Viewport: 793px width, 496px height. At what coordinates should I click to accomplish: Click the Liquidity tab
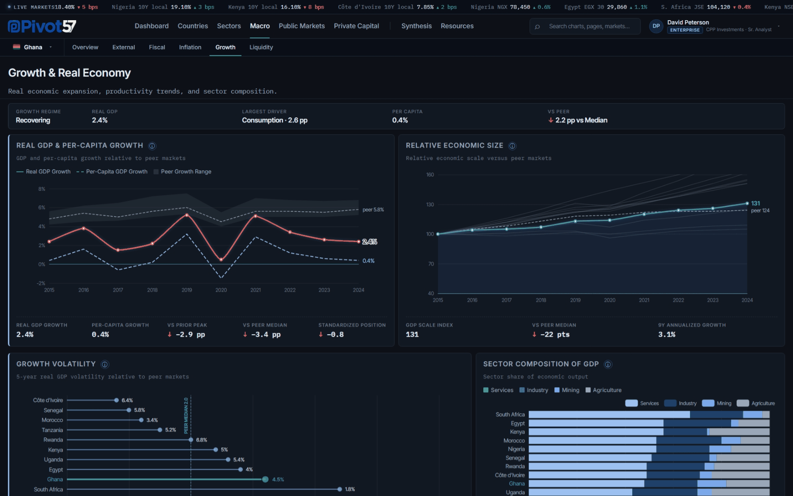point(261,47)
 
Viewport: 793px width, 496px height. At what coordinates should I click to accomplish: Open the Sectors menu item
point(229,26)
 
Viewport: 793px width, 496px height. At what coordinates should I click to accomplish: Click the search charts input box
point(585,27)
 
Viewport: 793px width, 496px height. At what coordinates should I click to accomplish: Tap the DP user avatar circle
point(656,26)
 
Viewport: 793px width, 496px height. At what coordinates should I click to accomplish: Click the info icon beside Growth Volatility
point(105,364)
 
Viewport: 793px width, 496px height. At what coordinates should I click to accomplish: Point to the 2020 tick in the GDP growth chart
point(221,290)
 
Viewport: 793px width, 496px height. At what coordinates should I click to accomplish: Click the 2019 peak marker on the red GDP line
point(186,215)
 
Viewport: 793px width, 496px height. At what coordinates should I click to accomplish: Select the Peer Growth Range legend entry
point(182,172)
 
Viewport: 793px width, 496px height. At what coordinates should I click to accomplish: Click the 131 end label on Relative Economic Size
point(755,203)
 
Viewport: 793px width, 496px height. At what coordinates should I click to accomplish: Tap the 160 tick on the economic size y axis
point(430,175)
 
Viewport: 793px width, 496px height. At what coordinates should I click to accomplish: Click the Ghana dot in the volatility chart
point(265,479)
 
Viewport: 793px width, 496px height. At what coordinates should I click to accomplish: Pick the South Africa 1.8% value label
point(350,490)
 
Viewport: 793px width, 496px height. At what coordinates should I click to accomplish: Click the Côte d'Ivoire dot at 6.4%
point(116,400)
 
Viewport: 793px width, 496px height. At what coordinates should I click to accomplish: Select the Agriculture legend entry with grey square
point(603,390)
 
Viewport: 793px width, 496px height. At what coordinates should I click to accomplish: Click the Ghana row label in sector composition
point(517,484)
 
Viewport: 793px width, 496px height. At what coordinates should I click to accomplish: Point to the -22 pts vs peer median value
point(551,335)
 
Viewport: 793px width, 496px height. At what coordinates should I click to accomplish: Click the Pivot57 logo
point(42,27)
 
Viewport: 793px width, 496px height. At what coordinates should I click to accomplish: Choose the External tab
point(124,47)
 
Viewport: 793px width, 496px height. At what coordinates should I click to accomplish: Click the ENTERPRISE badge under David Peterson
point(685,30)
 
